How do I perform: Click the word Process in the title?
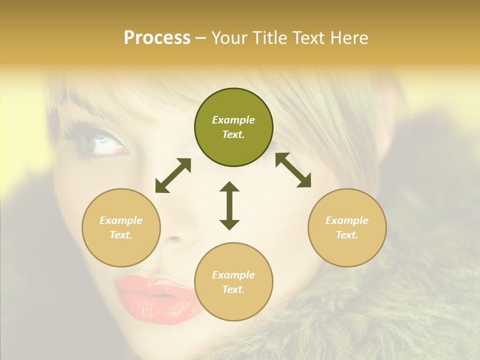pyautogui.click(x=157, y=38)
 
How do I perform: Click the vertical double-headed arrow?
pyautogui.click(x=229, y=205)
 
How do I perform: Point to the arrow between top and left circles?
pyautogui.click(x=173, y=175)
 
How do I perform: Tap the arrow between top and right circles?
pyautogui.click(x=293, y=170)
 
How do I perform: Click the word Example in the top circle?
pyautogui.click(x=233, y=120)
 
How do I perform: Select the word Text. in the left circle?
pyautogui.click(x=121, y=235)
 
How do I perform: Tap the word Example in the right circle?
pyautogui.click(x=347, y=220)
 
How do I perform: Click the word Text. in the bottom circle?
pyautogui.click(x=233, y=289)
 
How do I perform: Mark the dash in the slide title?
pyautogui.click(x=201, y=38)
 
